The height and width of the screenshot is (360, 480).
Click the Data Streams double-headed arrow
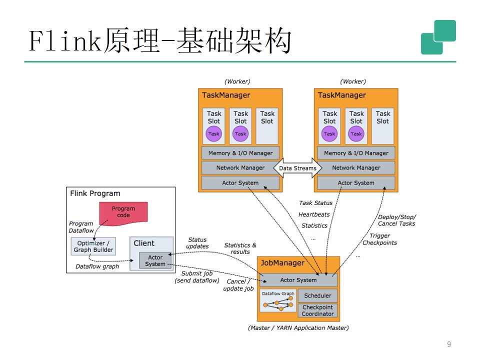tap(297, 168)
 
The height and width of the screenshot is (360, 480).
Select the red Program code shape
tap(123, 213)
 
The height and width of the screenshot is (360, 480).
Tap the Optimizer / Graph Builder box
tap(93, 246)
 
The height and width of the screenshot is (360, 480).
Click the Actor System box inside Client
tap(155, 260)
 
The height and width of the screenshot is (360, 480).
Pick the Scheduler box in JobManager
tap(317, 295)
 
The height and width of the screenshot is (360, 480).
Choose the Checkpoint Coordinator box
tap(317, 310)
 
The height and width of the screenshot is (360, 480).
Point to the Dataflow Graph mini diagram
tap(278, 301)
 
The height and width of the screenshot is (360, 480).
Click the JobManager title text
tap(282, 263)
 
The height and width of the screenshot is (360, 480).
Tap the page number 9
tap(449, 344)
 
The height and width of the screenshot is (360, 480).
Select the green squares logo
tap(438, 37)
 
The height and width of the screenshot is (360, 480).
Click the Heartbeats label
tap(314, 214)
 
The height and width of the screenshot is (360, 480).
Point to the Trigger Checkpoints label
tap(379, 239)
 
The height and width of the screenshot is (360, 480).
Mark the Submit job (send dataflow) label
tap(197, 277)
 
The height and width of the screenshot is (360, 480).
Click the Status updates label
tap(197, 243)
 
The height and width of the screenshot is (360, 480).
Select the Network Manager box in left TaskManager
tap(240, 168)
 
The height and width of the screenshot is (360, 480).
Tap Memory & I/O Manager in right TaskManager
tap(356, 153)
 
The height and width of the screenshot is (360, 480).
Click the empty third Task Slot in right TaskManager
tap(382, 126)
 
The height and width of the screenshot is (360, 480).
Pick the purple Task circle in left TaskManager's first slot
tap(213, 134)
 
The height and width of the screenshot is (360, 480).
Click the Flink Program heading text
tap(95, 193)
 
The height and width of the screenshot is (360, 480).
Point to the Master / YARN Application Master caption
tap(298, 328)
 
